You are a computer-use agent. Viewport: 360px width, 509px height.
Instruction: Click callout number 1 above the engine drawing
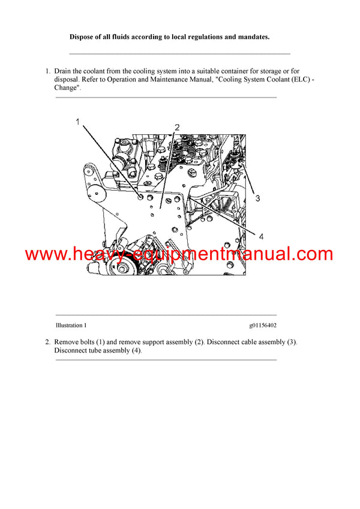point(77,122)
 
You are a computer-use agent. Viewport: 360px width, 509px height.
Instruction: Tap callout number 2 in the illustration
point(177,127)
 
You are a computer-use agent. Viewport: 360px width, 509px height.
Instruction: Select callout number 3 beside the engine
point(257,197)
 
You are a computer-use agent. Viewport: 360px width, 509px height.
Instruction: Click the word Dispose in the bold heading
point(83,37)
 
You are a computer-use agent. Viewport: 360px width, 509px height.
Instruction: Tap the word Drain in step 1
point(64,71)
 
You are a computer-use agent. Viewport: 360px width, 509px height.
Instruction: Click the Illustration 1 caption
point(71,326)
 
